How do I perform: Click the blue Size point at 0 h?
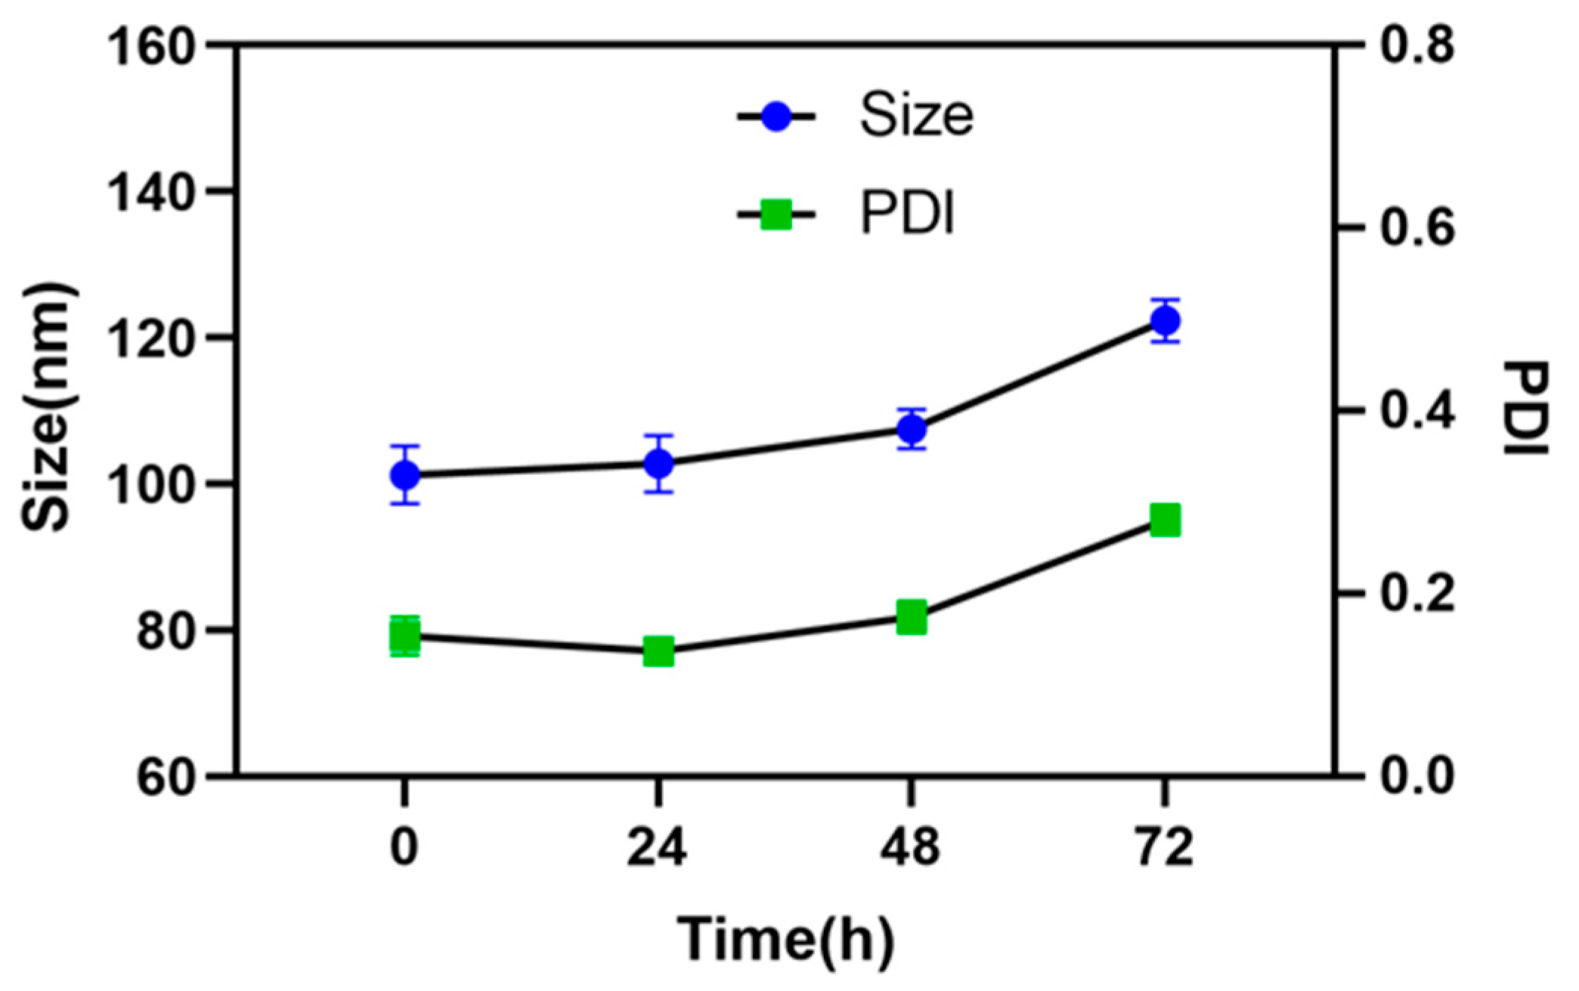click(405, 475)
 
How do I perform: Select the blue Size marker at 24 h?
click(658, 464)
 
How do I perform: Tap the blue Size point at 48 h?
click(912, 429)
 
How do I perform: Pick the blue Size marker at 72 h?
click(1165, 321)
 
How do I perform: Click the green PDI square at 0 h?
click(405, 637)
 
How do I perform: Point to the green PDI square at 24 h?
click(658, 651)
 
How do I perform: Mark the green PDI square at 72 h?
click(1165, 520)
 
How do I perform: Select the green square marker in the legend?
click(776, 215)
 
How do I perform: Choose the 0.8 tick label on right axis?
click(1416, 45)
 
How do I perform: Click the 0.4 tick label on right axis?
click(1416, 411)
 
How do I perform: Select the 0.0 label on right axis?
click(1416, 776)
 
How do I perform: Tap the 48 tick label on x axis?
click(911, 847)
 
